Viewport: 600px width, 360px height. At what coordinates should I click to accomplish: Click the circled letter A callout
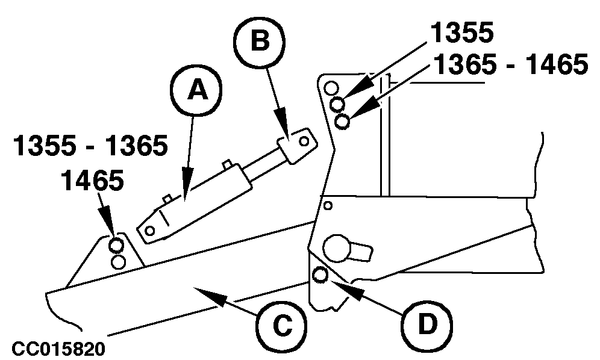[195, 91]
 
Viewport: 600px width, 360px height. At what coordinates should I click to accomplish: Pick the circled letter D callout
[427, 326]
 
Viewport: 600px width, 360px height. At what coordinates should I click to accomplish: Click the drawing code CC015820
[58, 348]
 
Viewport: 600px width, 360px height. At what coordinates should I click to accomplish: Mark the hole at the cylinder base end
[151, 229]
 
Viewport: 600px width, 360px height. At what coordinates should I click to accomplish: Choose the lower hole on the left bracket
[118, 262]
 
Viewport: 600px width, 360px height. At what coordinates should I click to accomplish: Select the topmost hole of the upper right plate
[331, 89]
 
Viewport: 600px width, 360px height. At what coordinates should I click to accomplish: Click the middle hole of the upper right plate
[338, 105]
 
